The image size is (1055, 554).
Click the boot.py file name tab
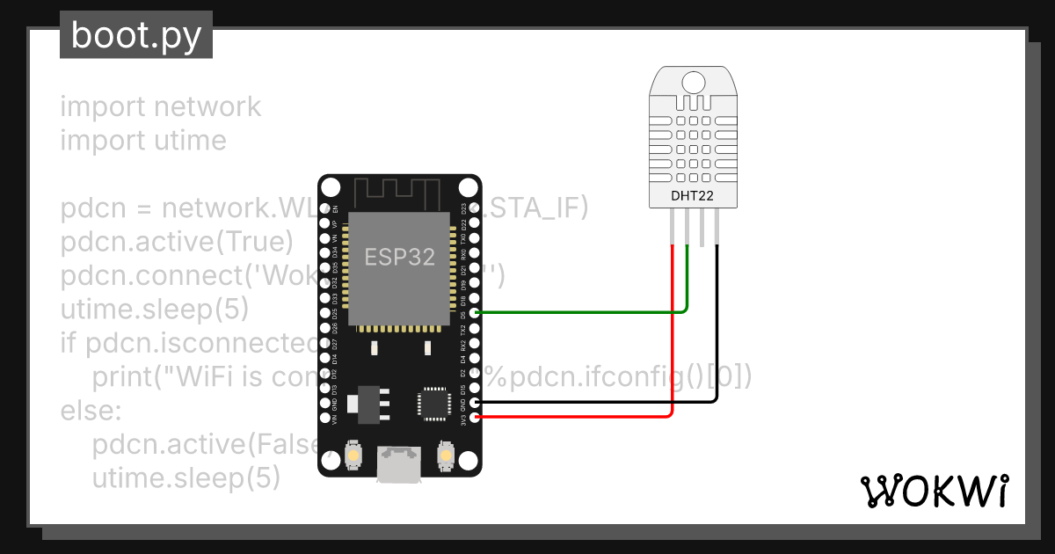[136, 35]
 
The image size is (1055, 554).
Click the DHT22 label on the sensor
[694, 195]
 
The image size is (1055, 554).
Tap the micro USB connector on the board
[400, 464]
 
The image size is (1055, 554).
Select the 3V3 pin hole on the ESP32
[476, 417]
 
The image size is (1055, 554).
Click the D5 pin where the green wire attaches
[476, 312]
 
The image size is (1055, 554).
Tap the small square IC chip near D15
[433, 403]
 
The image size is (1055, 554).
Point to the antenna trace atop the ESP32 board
[397, 192]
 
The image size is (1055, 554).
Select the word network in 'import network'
[207, 106]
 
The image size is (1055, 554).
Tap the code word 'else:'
[91, 411]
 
